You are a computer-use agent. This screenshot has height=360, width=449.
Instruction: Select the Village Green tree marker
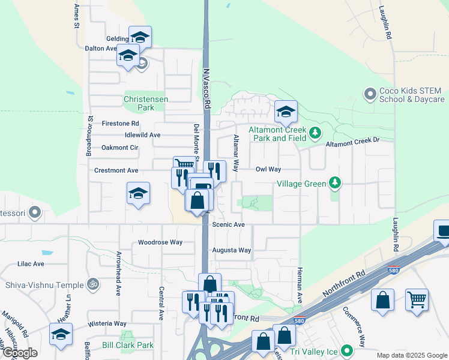(x=335, y=182)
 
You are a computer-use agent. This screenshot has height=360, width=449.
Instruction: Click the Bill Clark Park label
(x=127, y=345)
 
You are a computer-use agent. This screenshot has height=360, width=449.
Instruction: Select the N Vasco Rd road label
(x=206, y=88)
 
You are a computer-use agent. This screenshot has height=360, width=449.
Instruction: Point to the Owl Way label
(x=268, y=170)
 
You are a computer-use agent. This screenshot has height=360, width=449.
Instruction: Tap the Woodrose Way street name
(x=160, y=242)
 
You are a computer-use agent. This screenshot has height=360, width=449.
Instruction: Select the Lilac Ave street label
(x=31, y=263)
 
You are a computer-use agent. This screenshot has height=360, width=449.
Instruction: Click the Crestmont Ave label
(x=116, y=170)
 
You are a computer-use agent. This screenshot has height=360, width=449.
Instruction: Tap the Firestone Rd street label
(x=120, y=123)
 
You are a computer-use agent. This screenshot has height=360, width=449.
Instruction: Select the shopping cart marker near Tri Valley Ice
(x=417, y=299)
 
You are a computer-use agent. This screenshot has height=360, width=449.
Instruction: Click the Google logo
(x=20, y=353)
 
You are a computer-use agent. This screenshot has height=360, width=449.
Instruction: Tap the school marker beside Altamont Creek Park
(x=286, y=110)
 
